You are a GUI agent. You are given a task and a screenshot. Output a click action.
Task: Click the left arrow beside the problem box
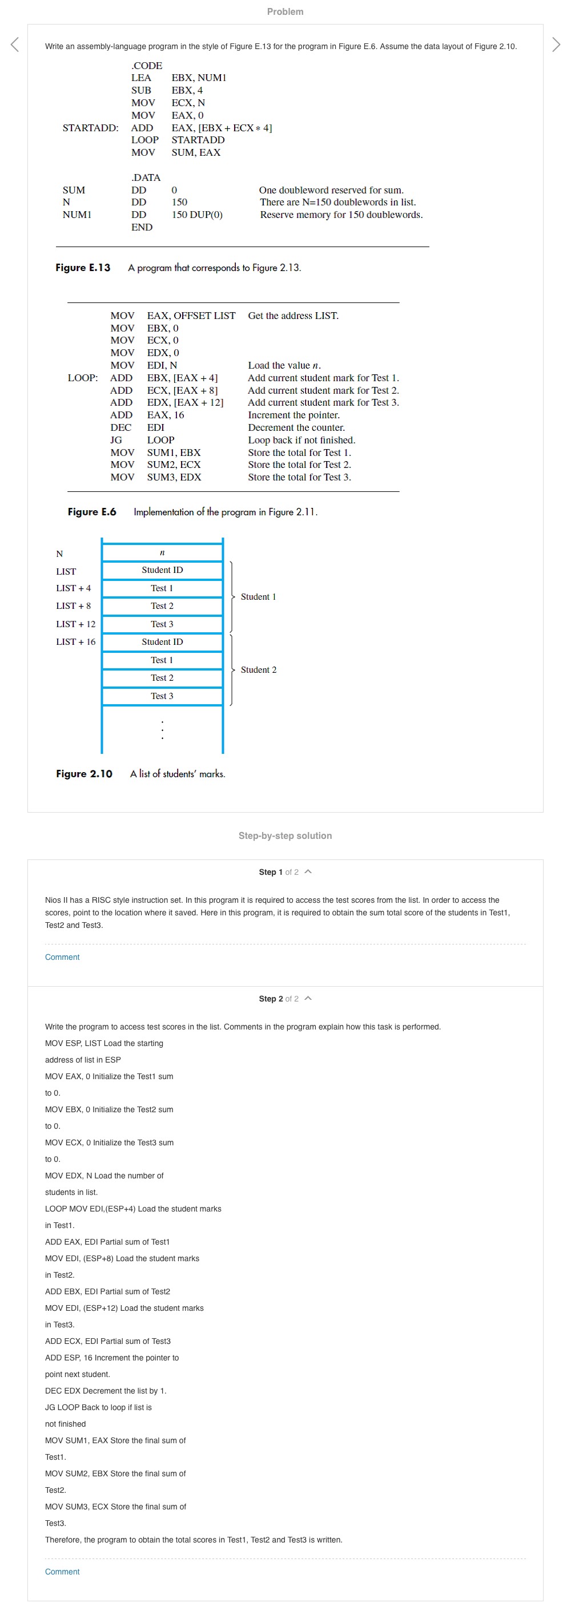click(15, 45)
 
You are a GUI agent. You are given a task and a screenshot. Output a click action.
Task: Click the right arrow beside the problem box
click(556, 45)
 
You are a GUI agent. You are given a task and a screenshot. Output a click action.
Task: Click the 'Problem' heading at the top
click(285, 11)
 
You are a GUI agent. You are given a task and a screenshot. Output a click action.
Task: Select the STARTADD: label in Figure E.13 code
click(90, 128)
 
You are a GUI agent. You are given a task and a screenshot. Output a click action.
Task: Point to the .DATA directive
click(146, 177)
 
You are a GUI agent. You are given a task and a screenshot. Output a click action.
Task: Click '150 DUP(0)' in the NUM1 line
click(196, 215)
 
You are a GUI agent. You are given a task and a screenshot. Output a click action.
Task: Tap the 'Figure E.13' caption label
click(83, 268)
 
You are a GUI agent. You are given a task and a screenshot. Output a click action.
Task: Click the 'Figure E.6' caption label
click(92, 511)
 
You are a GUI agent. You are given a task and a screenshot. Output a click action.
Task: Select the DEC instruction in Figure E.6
click(121, 427)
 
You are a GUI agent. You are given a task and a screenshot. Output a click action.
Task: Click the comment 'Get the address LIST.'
click(293, 316)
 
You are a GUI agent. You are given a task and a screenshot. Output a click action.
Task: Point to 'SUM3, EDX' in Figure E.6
click(174, 477)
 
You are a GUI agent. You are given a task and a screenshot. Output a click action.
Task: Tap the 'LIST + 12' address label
click(75, 624)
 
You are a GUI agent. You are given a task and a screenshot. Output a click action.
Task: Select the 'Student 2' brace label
click(258, 669)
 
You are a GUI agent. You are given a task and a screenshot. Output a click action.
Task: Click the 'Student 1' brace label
click(258, 597)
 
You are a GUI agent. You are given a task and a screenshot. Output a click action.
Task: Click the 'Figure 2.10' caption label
click(85, 774)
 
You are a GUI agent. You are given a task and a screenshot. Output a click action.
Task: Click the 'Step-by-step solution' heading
click(285, 835)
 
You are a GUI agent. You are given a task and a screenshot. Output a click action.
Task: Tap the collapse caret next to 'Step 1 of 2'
click(308, 871)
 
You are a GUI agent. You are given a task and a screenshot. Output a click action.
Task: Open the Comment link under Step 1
click(62, 957)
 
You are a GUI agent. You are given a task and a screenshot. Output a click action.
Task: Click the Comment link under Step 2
click(62, 1572)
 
